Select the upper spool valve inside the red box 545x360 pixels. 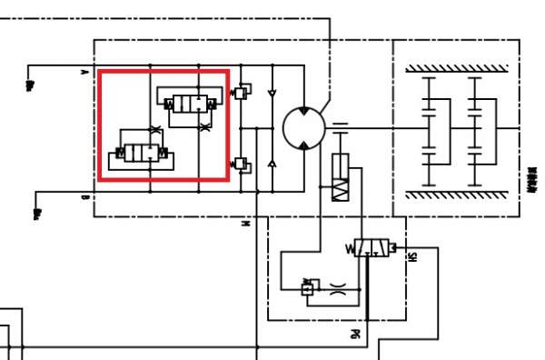189,103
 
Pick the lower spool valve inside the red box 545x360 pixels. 139,155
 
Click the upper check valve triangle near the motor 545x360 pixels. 271,94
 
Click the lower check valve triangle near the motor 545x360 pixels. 271,164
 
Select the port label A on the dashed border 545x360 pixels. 84,70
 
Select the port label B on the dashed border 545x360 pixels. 84,195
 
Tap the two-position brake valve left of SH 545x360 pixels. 372,247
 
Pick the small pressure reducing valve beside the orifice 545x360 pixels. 307,289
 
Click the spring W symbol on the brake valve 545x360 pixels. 350,247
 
